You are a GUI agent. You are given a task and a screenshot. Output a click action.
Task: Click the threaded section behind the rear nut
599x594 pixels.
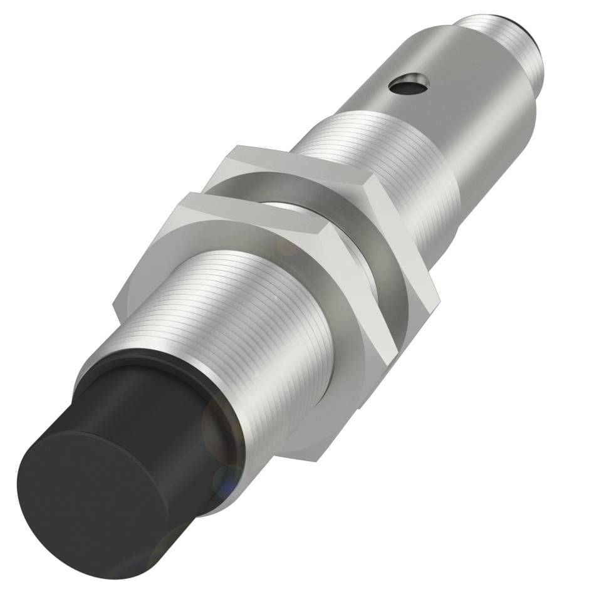(x=351, y=144)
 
